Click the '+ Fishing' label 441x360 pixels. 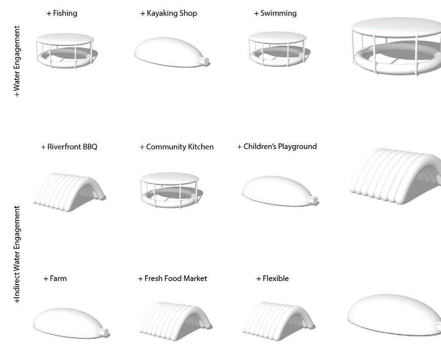point(62,13)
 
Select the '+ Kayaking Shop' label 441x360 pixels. point(168,13)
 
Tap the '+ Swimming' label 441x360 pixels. point(275,13)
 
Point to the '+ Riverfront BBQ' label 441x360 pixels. point(69,147)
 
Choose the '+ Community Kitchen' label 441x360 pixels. point(176,147)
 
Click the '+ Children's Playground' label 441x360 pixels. point(277,146)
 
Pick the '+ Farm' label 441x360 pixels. point(55,278)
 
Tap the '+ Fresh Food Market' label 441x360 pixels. point(173,278)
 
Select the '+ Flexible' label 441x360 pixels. point(272,278)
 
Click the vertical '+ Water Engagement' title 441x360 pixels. point(17,61)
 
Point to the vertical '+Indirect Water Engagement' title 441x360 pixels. point(17,254)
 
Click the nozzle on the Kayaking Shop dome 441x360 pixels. point(206,62)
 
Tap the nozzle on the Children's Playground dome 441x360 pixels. point(314,201)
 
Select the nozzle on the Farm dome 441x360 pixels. point(104,333)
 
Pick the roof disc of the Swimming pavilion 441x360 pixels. point(277,38)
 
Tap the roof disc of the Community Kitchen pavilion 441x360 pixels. point(169,178)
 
